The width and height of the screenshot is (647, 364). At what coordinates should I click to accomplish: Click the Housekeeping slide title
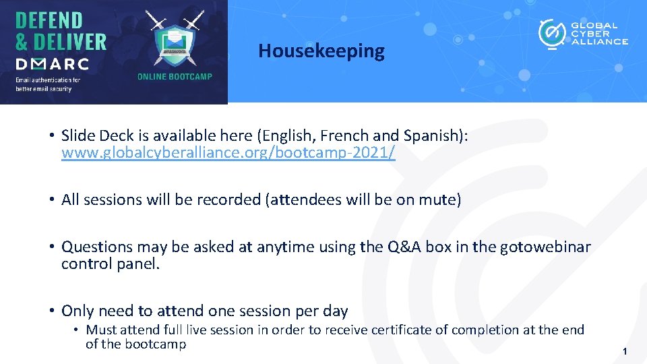pyautogui.click(x=321, y=51)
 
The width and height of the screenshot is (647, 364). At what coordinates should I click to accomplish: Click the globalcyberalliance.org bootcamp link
pyautogui.click(x=228, y=153)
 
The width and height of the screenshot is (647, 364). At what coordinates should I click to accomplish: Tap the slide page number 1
pyautogui.click(x=625, y=351)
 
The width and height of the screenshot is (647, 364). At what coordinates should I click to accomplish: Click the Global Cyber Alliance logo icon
pyautogui.click(x=552, y=33)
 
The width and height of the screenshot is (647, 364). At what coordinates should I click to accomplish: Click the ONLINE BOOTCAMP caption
pyautogui.click(x=175, y=77)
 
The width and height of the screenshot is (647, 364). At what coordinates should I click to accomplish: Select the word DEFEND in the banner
pyautogui.click(x=49, y=20)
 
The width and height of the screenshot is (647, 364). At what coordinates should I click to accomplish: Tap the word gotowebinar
pyautogui.click(x=545, y=247)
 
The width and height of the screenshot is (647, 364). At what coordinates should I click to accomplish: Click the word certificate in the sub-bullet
pyautogui.click(x=414, y=330)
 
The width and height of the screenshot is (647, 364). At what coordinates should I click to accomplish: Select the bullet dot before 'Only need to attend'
pyautogui.click(x=51, y=311)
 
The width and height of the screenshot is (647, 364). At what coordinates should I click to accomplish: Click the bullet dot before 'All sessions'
pyautogui.click(x=51, y=200)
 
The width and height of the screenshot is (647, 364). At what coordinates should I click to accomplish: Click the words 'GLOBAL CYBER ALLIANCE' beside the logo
pyautogui.click(x=599, y=33)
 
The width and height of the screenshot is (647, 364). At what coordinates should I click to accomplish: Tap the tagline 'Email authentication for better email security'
pyautogui.click(x=48, y=84)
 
